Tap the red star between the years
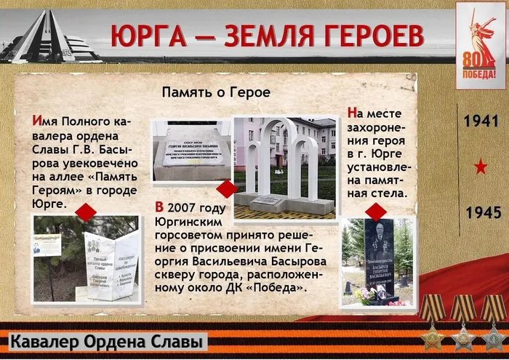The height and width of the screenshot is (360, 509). [x=481, y=167]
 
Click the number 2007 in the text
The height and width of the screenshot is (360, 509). [x=191, y=207]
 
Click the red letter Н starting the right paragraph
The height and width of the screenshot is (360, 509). [x=353, y=113]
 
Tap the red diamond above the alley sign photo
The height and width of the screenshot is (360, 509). [x=87, y=212]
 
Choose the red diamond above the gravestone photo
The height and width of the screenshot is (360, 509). [x=376, y=212]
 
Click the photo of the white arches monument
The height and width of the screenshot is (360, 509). [x=284, y=167]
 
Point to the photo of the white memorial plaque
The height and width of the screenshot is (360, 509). [x=191, y=151]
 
